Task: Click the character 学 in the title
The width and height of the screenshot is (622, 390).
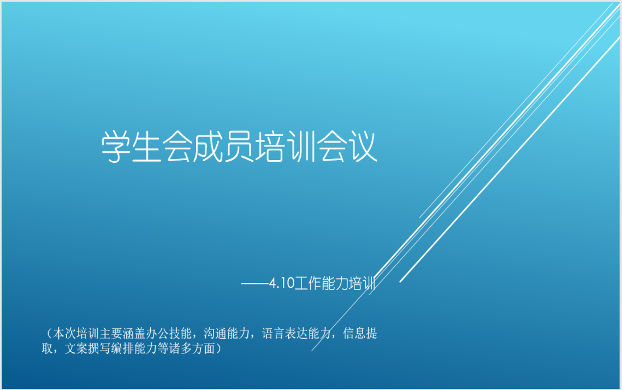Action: pos(116,146)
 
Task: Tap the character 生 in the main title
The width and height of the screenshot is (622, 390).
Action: pos(147,146)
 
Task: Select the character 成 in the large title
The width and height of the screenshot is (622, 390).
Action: pos(208,146)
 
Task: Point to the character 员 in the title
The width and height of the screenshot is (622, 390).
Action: pos(239,146)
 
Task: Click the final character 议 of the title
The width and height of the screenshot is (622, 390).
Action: pos(362,146)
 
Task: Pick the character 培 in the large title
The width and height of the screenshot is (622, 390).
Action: pos(270,146)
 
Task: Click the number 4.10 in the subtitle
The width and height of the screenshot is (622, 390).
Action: pos(282,283)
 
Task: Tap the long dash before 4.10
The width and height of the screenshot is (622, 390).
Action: pos(254,283)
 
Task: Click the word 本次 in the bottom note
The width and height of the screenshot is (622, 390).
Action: pos(64,333)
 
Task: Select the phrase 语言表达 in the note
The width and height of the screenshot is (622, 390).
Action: pos(285,333)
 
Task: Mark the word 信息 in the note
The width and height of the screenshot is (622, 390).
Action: pos(354,333)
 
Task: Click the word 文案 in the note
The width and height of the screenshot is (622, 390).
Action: pos(76,348)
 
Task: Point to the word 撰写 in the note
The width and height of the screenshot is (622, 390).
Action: pos(99,348)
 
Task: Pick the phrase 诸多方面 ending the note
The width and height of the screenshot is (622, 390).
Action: pos(192,348)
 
